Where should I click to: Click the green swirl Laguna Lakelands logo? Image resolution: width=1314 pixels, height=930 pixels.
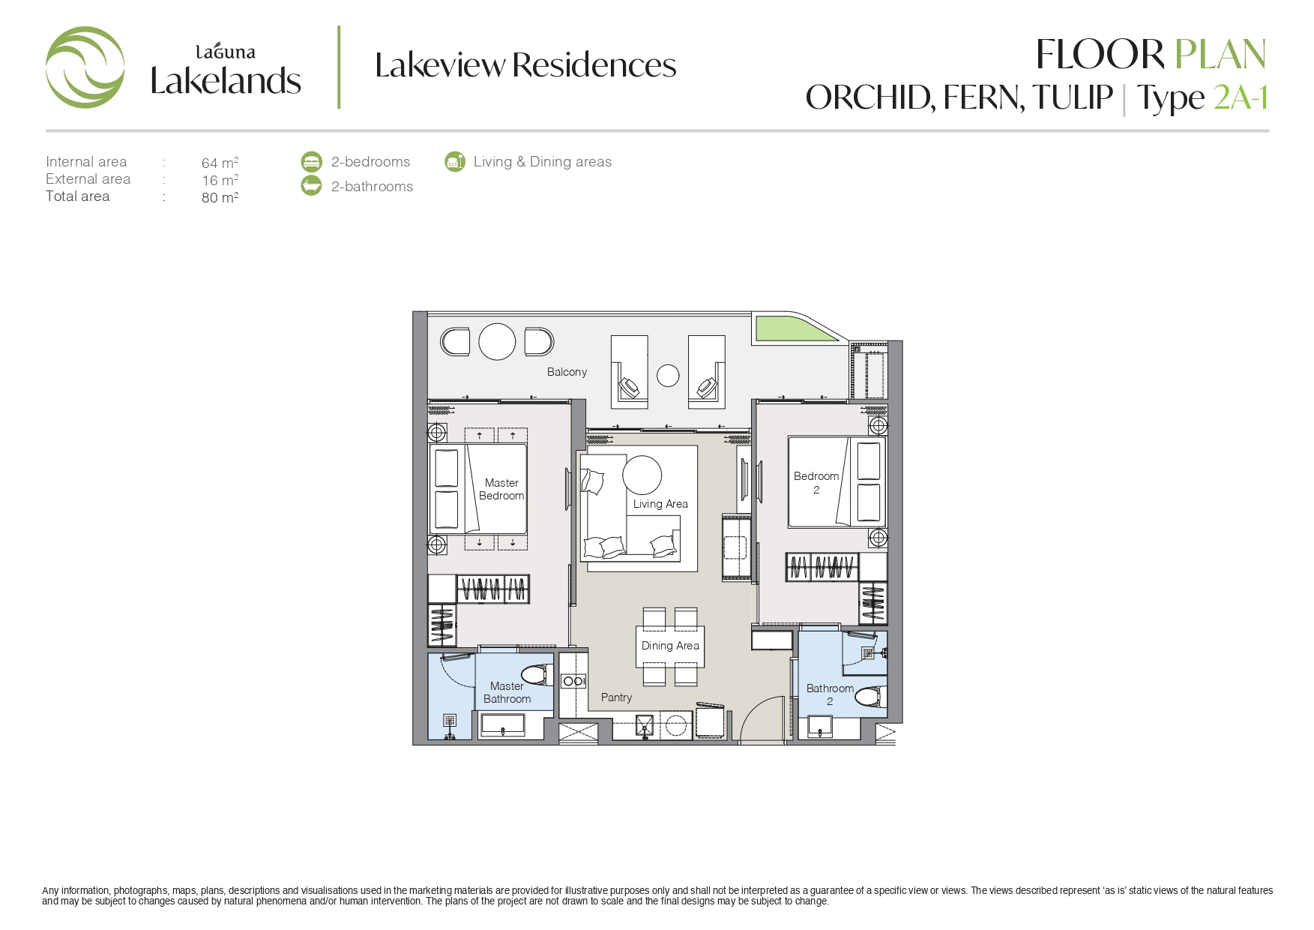click(x=85, y=67)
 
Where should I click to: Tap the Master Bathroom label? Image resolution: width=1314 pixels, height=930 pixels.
click(x=507, y=692)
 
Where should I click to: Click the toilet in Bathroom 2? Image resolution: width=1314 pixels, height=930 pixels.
click(x=870, y=697)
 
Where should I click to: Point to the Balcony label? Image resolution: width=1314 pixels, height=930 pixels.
click(x=567, y=372)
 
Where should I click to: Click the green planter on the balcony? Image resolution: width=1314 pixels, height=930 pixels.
click(x=795, y=328)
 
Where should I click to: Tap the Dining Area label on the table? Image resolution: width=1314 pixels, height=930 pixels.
click(x=670, y=646)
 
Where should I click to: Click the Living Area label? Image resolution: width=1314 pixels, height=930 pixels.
click(x=660, y=504)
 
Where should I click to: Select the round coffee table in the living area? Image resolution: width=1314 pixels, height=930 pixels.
click(x=642, y=475)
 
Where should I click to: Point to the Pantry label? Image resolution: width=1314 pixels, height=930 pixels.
click(x=616, y=697)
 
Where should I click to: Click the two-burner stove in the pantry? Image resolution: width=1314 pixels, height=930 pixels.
click(x=574, y=681)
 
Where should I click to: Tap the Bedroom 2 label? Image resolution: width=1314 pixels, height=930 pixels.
click(x=816, y=483)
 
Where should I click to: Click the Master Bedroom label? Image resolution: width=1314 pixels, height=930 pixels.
click(x=501, y=489)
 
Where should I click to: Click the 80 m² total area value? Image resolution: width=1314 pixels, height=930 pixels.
click(x=220, y=197)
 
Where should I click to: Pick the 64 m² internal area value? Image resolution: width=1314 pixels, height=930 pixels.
click(x=220, y=163)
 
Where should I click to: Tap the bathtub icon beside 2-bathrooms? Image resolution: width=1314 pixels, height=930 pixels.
click(x=311, y=186)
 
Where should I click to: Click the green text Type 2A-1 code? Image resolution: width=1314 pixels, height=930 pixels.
click(x=1241, y=97)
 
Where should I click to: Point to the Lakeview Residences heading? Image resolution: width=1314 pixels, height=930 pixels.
click(x=525, y=65)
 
